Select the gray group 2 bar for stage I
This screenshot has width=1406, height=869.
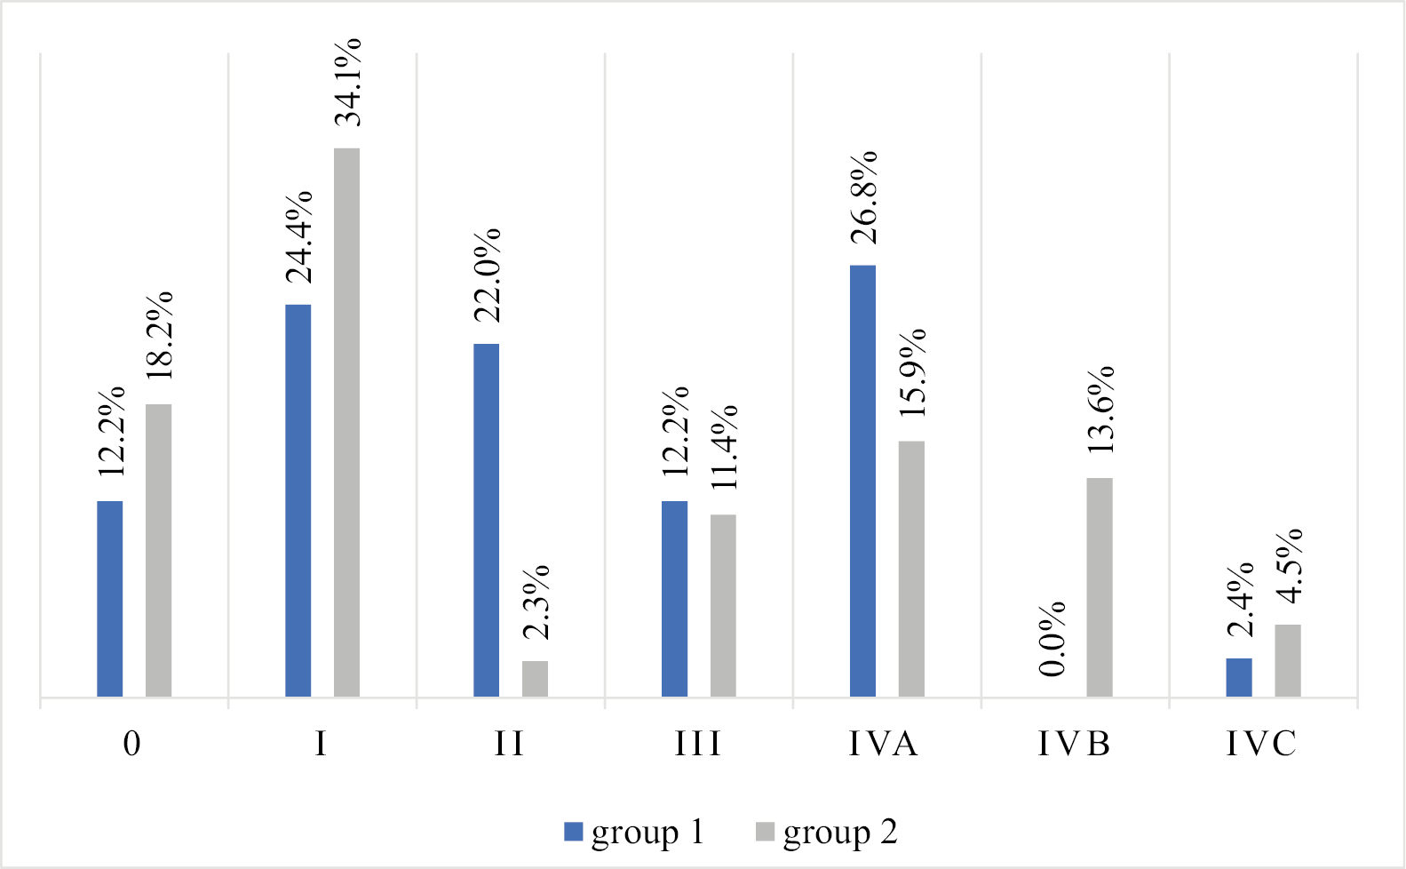(x=346, y=422)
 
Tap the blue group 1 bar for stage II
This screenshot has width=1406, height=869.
(x=486, y=520)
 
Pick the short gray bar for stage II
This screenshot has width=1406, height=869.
(x=535, y=679)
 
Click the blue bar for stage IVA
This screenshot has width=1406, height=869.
(x=862, y=481)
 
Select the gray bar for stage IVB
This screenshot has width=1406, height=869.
(x=1100, y=587)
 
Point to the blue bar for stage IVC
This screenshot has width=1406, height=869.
(x=1239, y=677)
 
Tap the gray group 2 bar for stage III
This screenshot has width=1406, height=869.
(x=723, y=605)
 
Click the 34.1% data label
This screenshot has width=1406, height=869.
(x=348, y=82)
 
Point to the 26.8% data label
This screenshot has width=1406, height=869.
(x=863, y=197)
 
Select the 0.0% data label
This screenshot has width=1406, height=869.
(x=1053, y=639)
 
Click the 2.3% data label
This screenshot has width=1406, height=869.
(x=536, y=602)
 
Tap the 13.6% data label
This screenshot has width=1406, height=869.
(x=1100, y=410)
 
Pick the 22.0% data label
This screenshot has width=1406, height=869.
(x=487, y=275)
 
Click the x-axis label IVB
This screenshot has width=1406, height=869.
(x=1074, y=744)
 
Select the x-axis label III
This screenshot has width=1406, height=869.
(x=697, y=744)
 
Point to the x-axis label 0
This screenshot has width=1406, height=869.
(x=131, y=744)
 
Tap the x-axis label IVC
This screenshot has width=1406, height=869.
(x=1261, y=744)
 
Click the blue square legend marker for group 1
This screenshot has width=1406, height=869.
(x=574, y=833)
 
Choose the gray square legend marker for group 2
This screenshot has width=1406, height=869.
(x=765, y=833)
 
